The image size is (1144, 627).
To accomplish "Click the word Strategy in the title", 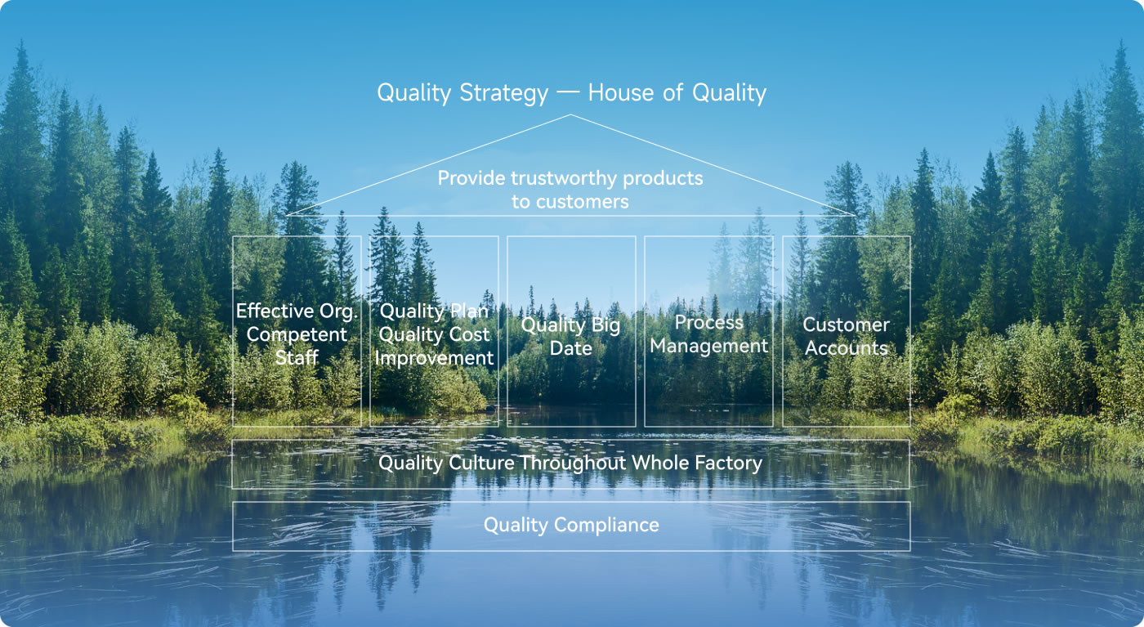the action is [503, 93].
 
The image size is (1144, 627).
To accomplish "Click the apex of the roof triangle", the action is [570, 115].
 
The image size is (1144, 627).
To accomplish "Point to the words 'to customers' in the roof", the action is [570, 202].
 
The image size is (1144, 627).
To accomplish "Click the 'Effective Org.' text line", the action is [297, 311].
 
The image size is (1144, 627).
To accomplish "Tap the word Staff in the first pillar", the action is [297, 358].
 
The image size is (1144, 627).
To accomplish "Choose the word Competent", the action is [297, 335].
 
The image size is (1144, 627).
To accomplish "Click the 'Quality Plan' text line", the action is [434, 311].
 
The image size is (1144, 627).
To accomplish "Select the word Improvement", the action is [434, 358].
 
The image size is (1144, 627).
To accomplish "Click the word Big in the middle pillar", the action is [606, 326].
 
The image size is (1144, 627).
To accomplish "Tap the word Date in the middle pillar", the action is [571, 348].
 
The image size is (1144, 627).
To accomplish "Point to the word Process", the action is [709, 322].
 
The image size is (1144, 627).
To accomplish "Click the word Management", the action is [709, 347].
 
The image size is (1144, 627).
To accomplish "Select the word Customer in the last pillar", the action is [847, 325].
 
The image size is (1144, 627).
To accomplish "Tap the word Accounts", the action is [847, 348].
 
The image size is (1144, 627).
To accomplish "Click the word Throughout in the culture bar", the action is [573, 464].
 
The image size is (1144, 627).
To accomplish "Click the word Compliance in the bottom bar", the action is [606, 526].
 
